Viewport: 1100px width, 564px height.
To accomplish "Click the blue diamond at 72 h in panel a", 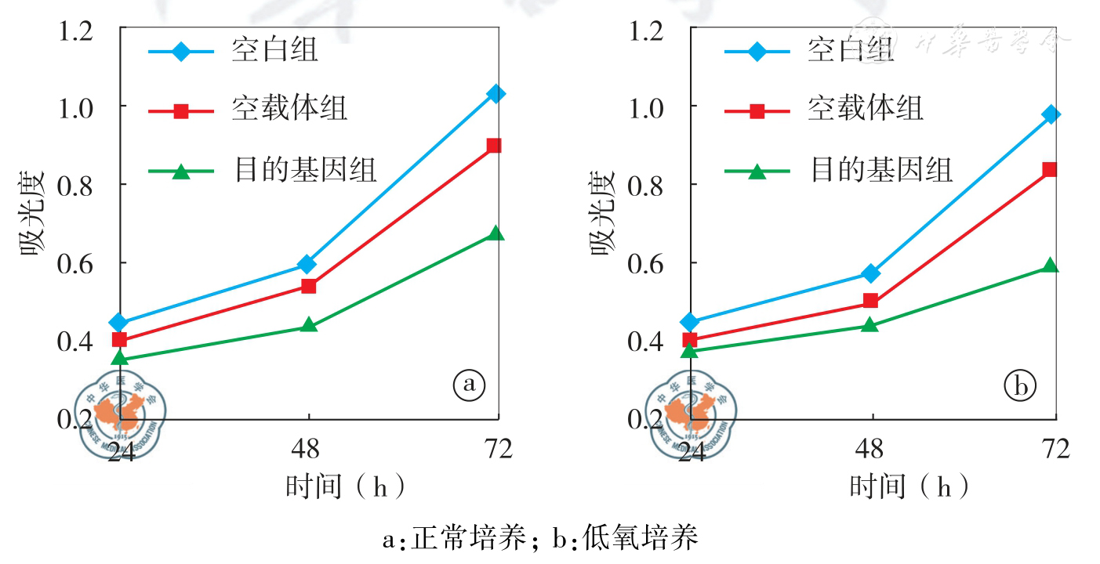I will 496,94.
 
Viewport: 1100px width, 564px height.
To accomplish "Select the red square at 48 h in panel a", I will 309,286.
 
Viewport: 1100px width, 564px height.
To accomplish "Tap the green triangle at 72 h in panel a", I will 496,233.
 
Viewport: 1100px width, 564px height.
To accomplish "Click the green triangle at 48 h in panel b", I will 869,324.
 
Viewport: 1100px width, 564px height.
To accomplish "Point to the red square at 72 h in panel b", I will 1050,169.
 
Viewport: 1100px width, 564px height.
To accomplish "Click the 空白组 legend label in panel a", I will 274,52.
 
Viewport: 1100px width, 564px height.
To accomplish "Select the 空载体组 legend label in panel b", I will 865,109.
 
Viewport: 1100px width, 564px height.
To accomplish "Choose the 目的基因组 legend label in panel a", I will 305,168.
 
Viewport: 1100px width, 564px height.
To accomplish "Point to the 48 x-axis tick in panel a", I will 309,449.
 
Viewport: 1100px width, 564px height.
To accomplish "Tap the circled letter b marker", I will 1020,385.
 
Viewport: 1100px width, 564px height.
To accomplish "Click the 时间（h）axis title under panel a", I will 346,487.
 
